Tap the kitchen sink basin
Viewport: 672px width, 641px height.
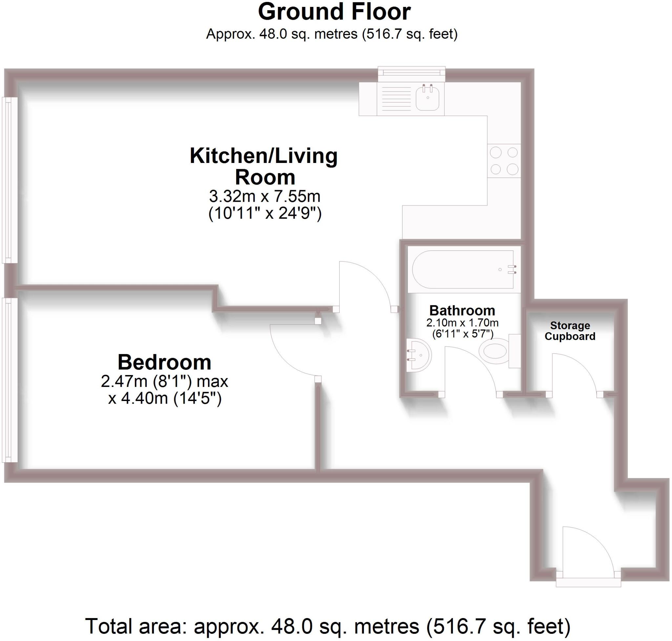click(x=427, y=98)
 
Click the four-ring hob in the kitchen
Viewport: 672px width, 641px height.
click(x=504, y=161)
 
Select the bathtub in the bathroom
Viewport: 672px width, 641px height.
click(x=462, y=270)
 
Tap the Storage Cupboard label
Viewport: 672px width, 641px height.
click(x=570, y=331)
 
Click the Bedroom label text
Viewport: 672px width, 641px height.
click(x=164, y=362)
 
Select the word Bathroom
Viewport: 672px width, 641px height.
click(x=462, y=310)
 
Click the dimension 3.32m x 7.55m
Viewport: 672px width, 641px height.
click(x=264, y=196)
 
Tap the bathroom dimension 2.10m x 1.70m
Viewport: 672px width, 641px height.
click(x=462, y=323)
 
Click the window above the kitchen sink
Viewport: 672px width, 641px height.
click(x=411, y=73)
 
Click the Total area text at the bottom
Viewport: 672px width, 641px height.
click(x=327, y=626)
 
